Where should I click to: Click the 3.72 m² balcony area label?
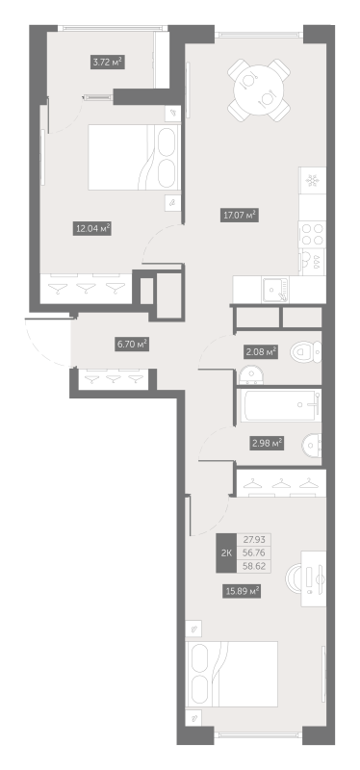(x=107, y=62)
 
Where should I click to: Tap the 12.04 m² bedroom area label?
(x=91, y=228)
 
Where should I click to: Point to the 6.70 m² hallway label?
(x=132, y=345)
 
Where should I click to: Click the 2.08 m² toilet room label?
(x=260, y=351)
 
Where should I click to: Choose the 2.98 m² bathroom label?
(x=268, y=443)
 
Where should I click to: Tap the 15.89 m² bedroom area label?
(x=242, y=591)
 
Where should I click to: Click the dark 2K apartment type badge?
(x=226, y=552)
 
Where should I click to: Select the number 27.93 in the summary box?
(x=254, y=540)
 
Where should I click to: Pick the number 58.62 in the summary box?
(x=254, y=566)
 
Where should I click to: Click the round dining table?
(x=258, y=90)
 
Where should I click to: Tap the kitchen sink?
(x=276, y=290)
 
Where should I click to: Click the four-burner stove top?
(x=313, y=234)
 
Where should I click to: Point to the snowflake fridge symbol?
(x=311, y=181)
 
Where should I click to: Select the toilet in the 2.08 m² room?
(x=305, y=353)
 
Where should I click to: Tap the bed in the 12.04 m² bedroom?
(x=134, y=157)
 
